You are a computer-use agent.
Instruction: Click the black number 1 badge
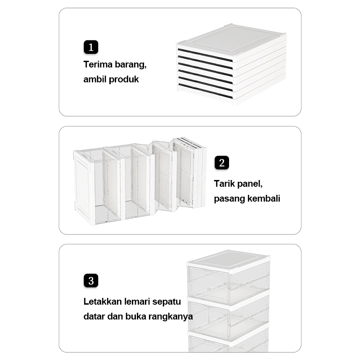coord(90,47)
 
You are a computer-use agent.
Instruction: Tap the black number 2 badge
coord(221,162)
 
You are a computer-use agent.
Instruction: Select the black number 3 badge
coord(90,281)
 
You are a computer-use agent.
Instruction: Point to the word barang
coord(130,64)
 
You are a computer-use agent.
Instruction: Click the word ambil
coord(94,80)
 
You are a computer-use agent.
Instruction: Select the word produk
coord(124,80)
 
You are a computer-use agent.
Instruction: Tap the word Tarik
coord(224,184)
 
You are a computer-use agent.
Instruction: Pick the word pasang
coord(228,198)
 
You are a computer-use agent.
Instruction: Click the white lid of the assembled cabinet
coord(229,260)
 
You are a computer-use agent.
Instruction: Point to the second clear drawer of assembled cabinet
coord(228,320)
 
